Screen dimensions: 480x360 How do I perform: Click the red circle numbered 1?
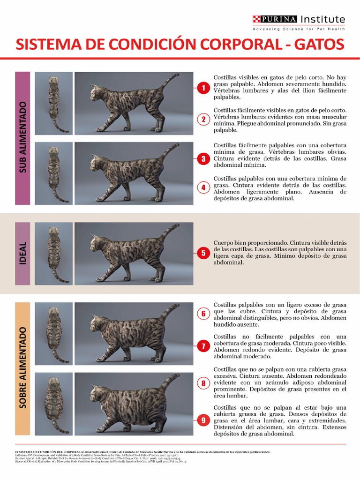point(203,88)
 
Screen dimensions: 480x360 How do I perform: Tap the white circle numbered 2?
point(203,119)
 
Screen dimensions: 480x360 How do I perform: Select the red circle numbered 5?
point(203,253)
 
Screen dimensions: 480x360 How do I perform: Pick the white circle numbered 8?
point(203,383)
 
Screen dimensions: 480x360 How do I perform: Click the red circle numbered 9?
point(203,420)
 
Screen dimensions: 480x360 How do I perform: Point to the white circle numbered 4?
point(203,187)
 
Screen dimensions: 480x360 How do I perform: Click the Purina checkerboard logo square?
point(256,19)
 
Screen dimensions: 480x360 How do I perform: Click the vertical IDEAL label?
point(22,253)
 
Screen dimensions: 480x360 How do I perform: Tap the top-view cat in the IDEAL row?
point(54,253)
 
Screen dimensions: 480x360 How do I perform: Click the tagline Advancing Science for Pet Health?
point(299,29)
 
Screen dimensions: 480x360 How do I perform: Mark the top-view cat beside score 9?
point(54,404)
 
